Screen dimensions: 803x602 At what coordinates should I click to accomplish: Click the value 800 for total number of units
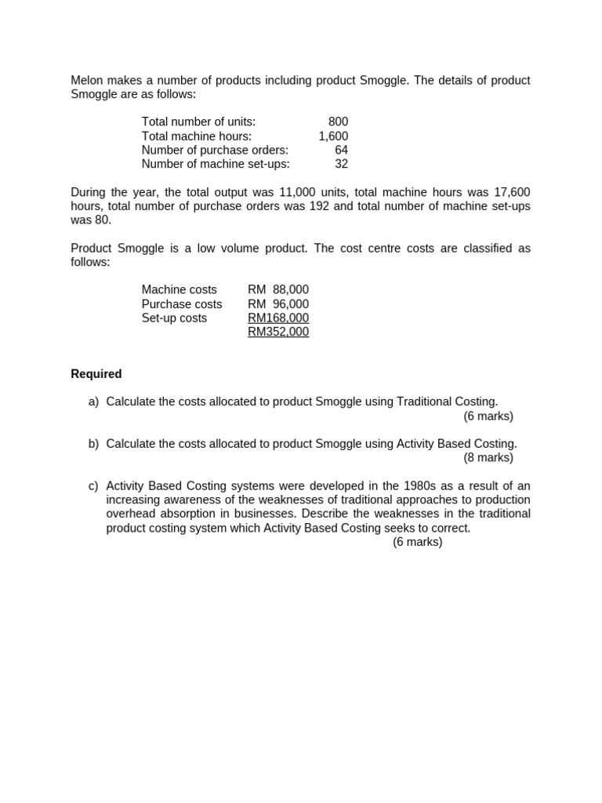point(338,122)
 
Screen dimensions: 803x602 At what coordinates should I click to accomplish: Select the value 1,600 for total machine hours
point(333,136)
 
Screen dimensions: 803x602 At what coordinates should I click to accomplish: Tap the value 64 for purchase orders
point(341,150)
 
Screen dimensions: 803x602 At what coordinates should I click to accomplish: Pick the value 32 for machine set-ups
point(341,164)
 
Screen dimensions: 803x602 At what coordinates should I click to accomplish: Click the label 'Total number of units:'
point(198,122)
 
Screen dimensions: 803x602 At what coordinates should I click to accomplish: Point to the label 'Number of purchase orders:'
point(215,150)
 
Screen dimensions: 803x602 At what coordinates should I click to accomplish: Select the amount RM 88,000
point(278,289)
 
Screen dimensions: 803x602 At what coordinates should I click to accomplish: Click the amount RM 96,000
point(278,303)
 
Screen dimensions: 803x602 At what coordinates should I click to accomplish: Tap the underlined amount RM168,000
point(278,318)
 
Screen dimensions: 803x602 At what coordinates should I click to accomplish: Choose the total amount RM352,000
point(278,332)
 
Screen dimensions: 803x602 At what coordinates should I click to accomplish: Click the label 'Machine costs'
point(179,289)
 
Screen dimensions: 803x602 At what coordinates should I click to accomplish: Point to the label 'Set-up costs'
point(174,318)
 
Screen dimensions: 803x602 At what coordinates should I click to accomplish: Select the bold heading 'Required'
point(96,374)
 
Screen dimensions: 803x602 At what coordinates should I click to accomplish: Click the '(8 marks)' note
point(488,457)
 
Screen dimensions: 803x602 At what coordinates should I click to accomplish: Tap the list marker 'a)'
point(93,401)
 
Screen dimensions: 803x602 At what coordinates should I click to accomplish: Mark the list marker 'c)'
point(93,486)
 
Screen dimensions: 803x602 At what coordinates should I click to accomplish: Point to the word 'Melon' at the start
point(87,80)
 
